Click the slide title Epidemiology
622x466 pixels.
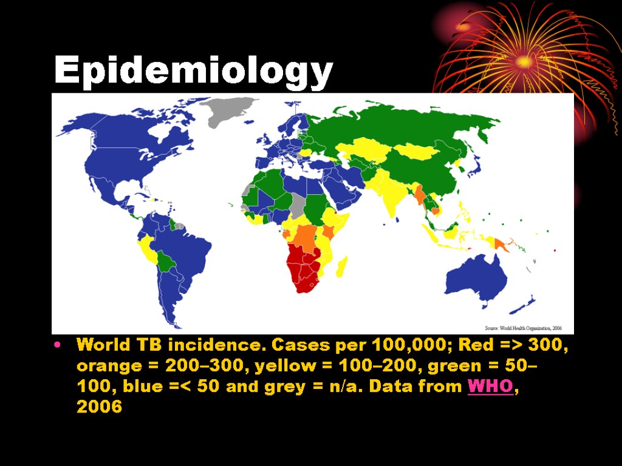[x=193, y=72]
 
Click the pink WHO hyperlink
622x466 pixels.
[x=490, y=386]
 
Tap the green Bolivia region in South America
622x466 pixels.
[x=166, y=262]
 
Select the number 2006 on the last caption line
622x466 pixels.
[x=99, y=407]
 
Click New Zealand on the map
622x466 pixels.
[x=527, y=301]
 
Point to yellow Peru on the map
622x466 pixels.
[x=146, y=249]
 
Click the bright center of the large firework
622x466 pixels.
[x=524, y=61]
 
